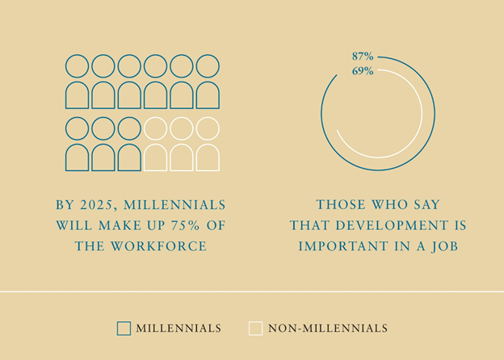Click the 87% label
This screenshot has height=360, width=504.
[363, 57]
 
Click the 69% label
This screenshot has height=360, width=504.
[363, 71]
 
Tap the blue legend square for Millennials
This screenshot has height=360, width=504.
[124, 329]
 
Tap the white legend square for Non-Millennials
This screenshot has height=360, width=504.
[255, 329]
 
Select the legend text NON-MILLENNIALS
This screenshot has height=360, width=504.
[328, 329]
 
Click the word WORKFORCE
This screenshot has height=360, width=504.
[159, 246]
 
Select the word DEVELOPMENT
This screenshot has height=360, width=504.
[392, 225]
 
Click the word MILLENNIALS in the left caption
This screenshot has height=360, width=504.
[174, 205]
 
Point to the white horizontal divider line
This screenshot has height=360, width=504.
[252, 291]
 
